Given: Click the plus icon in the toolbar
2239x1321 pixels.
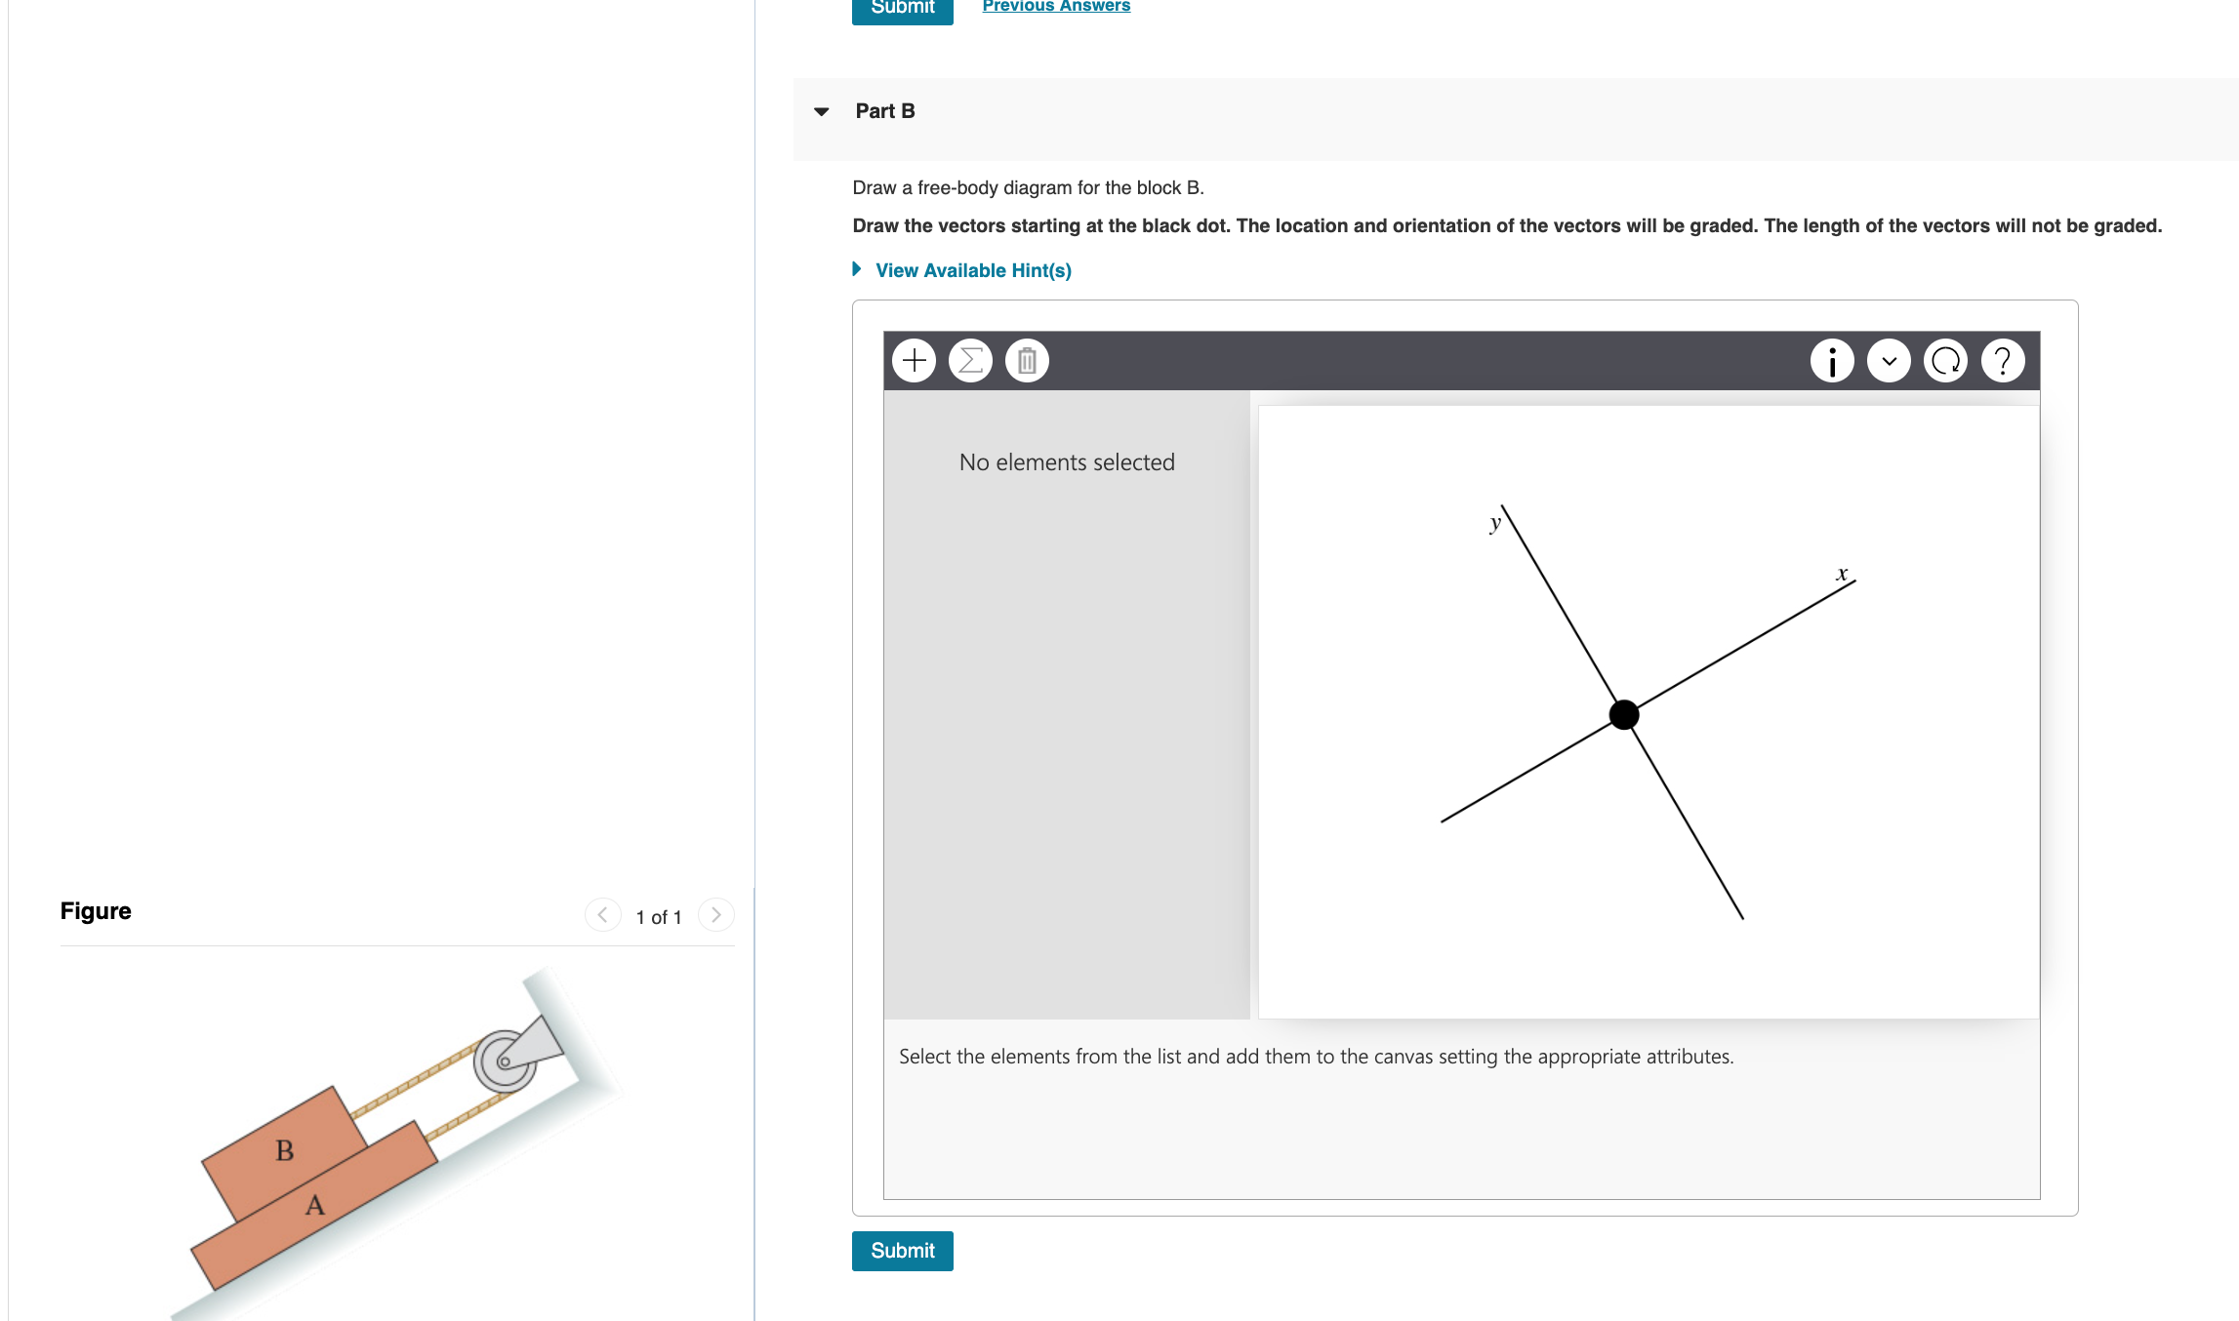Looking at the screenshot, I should (915, 361).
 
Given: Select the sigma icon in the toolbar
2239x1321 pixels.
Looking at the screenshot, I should (970, 361).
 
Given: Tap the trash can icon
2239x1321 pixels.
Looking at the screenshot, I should (1027, 361).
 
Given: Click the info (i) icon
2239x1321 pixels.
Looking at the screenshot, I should (1832, 361).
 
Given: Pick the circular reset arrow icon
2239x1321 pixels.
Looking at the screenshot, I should (1945, 361).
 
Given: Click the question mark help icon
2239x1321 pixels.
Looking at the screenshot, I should (2003, 361).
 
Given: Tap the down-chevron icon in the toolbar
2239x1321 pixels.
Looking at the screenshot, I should (1889, 361).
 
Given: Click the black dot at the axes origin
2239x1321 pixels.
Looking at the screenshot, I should (1624, 715).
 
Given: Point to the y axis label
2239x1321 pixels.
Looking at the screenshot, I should (1495, 523).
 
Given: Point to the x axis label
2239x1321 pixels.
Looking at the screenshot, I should (1842, 574).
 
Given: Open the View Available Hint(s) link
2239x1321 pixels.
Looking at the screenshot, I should (972, 270).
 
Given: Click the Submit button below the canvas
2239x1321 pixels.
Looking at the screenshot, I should (902, 1251).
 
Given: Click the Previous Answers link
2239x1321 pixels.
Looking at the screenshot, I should (1056, 6).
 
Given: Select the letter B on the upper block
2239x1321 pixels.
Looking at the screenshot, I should (285, 1150).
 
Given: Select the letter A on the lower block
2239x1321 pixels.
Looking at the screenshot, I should (314, 1206).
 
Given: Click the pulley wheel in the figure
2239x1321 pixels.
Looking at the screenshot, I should (505, 1061).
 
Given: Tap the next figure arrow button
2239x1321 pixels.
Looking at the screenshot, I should (716, 915).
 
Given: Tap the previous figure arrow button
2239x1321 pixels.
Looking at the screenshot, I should (602, 915).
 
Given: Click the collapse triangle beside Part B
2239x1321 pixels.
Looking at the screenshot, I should (822, 111).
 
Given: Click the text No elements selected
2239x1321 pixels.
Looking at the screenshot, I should (1067, 462).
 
